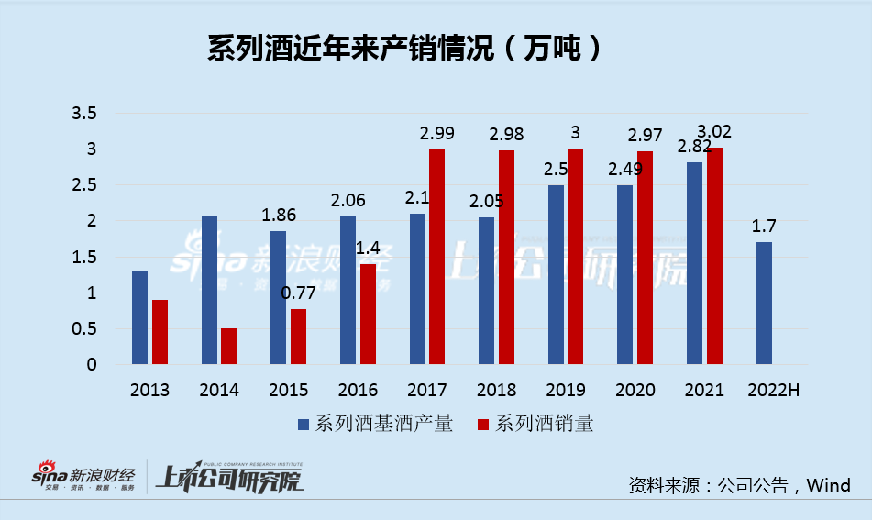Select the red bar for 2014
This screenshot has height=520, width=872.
pyautogui.click(x=228, y=347)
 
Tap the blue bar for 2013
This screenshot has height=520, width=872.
pyautogui.click(x=139, y=317)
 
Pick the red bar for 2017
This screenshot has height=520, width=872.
pyautogui.click(x=436, y=257)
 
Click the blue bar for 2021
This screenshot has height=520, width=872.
pyautogui.click(x=695, y=263)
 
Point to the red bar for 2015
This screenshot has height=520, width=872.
pyautogui.click(x=298, y=337)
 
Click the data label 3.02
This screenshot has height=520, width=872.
pyautogui.click(x=714, y=131)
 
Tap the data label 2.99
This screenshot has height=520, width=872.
pyautogui.click(x=437, y=133)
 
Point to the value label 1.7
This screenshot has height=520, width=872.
pyautogui.click(x=765, y=225)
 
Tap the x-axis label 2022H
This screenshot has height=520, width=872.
pyautogui.click(x=773, y=390)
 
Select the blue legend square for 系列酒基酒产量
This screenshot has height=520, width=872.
pyautogui.click(x=304, y=424)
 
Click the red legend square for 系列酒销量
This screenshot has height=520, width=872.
pyautogui.click(x=484, y=424)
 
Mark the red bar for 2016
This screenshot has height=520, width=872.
pyautogui.click(x=368, y=314)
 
